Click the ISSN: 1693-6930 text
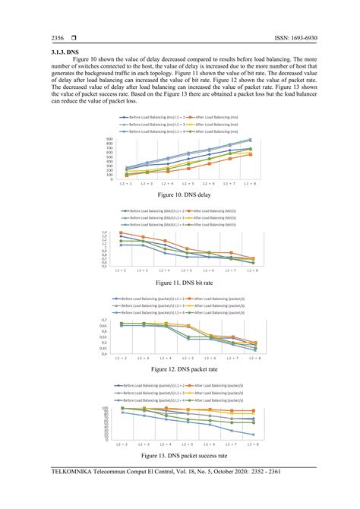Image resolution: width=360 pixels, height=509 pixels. coord(281,38)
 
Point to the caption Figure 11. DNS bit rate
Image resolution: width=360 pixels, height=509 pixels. coord(180,283)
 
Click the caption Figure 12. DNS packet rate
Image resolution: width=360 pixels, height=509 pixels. coord(180,369)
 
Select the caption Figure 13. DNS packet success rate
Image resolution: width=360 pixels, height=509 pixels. coord(180,456)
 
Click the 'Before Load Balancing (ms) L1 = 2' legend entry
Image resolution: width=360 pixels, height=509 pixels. coord(153,118)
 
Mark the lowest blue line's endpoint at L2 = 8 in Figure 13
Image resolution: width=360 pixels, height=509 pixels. coord(254,435)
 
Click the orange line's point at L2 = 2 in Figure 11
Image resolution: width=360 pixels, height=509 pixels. coord(121,233)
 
